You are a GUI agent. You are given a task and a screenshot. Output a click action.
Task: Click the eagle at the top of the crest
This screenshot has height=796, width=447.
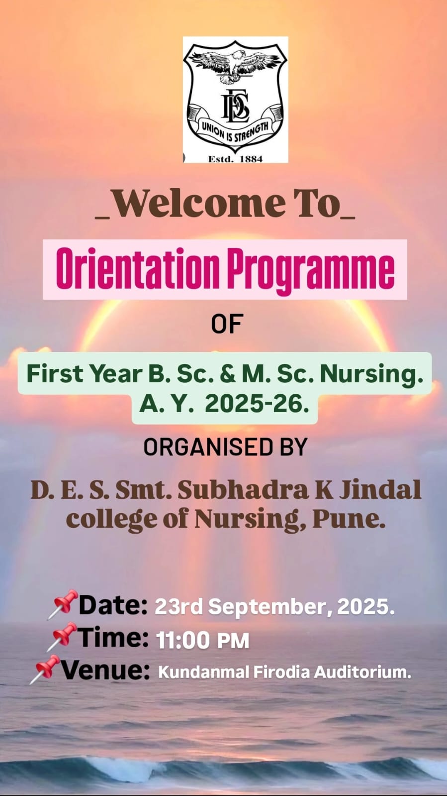tap(236, 65)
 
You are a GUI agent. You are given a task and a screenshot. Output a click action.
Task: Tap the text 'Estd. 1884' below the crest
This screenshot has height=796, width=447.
tap(235, 159)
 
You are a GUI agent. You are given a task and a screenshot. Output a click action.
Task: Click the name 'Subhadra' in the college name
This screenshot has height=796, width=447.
tap(243, 490)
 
